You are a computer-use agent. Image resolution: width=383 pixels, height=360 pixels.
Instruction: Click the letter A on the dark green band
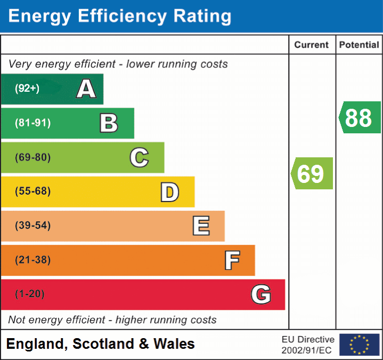(86, 89)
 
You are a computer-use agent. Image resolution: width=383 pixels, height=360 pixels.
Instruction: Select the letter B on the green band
(109, 123)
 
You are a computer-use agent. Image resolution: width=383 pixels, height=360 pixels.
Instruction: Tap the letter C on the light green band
(139, 157)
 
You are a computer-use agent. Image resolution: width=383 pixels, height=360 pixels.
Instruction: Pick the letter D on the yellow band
(169, 192)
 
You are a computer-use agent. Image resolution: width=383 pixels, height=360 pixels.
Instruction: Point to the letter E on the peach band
(201, 226)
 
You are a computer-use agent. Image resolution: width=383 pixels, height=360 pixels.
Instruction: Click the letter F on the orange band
(232, 260)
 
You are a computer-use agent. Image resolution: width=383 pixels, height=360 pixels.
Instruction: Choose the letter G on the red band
(261, 294)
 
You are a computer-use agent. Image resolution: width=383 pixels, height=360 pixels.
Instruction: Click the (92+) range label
(27, 89)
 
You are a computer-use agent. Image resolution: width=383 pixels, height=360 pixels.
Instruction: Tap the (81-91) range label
(33, 123)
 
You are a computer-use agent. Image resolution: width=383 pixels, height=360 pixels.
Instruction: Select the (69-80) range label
(33, 157)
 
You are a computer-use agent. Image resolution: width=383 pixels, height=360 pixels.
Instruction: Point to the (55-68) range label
(33, 191)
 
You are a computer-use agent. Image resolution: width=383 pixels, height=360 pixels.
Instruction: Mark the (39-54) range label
(33, 226)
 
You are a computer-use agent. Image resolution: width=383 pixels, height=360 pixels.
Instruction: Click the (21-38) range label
(33, 260)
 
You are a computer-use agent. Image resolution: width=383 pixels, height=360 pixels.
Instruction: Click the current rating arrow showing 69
(312, 173)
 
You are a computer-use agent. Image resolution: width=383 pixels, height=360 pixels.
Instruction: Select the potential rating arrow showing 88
(360, 117)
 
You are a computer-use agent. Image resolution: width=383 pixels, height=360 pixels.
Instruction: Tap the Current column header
(312, 45)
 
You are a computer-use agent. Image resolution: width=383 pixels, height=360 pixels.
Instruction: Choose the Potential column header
(359, 45)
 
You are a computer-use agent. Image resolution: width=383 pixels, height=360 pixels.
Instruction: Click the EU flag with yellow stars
(359, 345)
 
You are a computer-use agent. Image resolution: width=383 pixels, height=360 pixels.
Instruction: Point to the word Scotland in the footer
(103, 344)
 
